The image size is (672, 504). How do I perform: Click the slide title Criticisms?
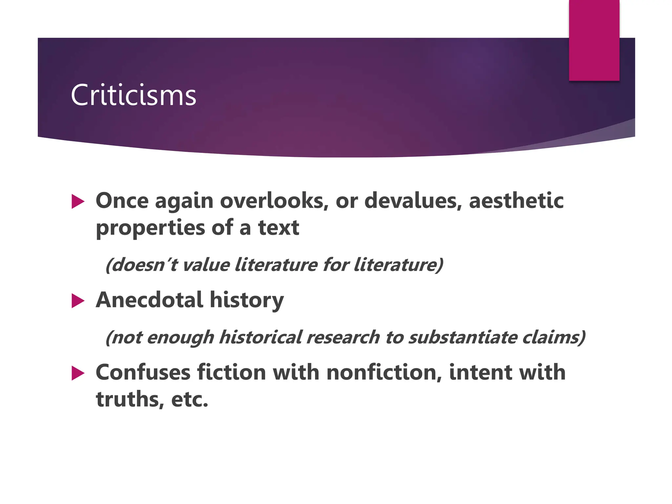[x=133, y=95]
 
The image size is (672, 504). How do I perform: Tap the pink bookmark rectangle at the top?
[x=594, y=40]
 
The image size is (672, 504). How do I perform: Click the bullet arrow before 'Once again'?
[x=78, y=201]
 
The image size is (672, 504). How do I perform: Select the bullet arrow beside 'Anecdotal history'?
[x=78, y=301]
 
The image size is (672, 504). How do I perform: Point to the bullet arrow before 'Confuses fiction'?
[x=78, y=373]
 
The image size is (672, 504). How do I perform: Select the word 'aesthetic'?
[x=516, y=200]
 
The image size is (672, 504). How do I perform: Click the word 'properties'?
[x=151, y=228]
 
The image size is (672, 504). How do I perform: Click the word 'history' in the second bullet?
[x=247, y=300]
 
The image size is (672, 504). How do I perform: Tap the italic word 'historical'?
[x=260, y=337]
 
